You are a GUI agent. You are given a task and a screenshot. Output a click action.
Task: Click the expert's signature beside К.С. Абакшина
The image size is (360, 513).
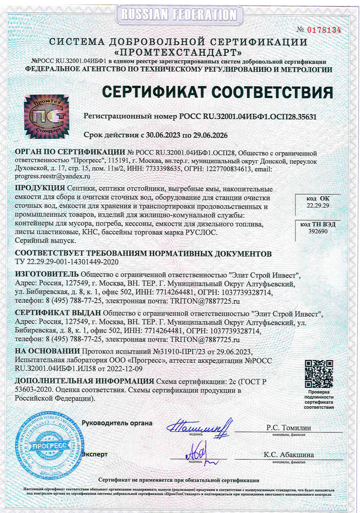click(200, 452)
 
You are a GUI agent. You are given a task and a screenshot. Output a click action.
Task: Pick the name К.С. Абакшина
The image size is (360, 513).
click(289, 455)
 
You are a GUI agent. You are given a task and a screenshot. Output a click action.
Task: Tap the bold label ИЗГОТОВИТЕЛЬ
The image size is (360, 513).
click(47, 274)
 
